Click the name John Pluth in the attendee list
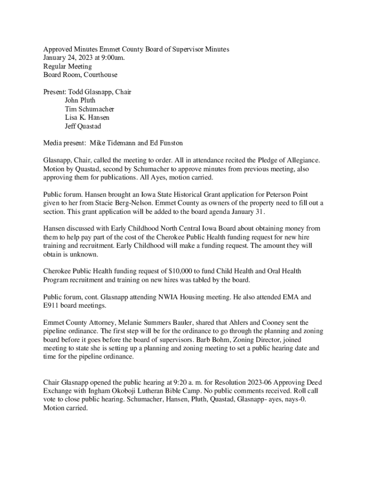(80, 100)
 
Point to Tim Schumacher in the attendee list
(89, 109)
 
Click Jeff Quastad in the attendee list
(83, 126)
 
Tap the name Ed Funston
(167, 143)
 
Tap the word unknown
(77, 254)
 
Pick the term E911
(52, 306)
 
